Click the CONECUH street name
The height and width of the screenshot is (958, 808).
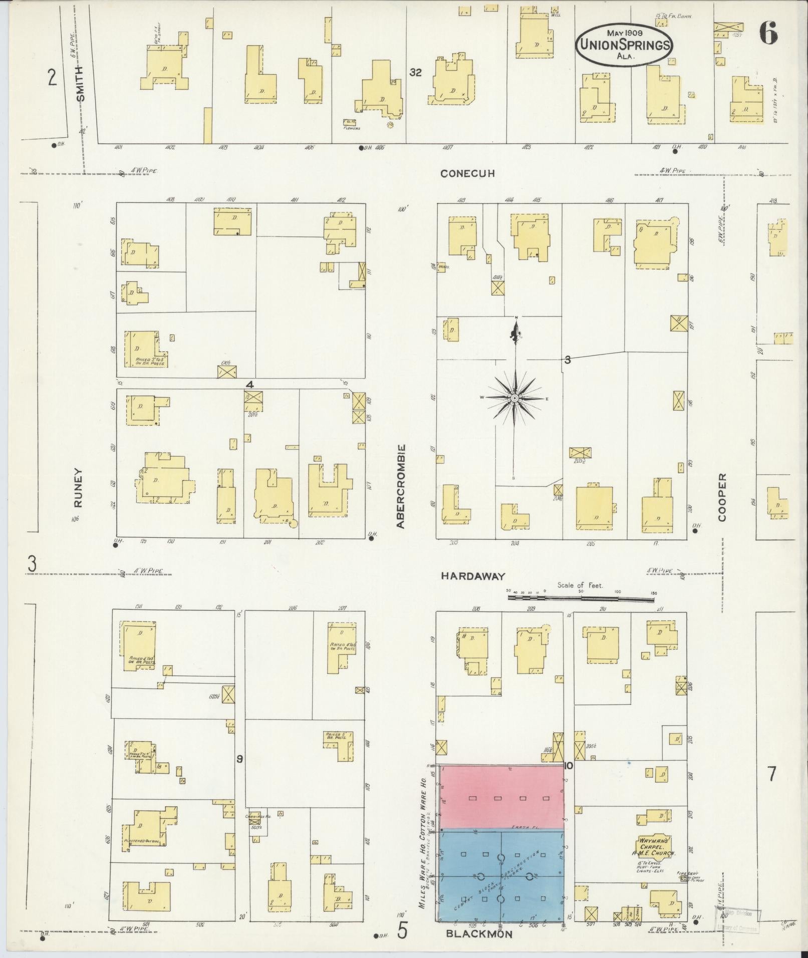(x=467, y=174)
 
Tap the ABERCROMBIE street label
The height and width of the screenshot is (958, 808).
(x=400, y=486)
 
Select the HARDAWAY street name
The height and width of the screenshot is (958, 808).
(x=472, y=576)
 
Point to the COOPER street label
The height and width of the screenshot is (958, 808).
(x=722, y=497)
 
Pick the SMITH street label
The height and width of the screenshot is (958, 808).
(x=81, y=84)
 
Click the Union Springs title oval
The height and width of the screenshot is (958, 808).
(x=624, y=45)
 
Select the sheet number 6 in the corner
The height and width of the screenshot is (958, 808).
(x=768, y=34)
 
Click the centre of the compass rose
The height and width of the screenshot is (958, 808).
(x=514, y=398)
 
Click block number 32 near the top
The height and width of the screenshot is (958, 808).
(x=415, y=73)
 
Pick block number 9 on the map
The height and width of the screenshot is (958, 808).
(x=239, y=773)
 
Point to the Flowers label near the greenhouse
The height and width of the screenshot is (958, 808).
(x=352, y=128)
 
